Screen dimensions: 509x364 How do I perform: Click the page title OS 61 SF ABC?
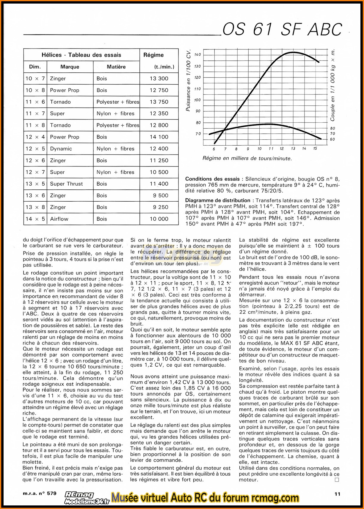point(282,29)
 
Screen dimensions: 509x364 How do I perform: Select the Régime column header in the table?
point(153,55)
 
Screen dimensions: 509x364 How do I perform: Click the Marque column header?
point(70,67)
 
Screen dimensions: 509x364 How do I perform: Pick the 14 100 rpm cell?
point(159,137)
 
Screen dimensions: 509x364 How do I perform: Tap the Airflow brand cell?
point(59,219)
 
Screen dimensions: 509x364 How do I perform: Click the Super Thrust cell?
point(66,184)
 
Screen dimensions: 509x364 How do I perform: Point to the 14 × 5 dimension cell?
point(35,219)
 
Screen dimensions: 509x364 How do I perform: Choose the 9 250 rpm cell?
point(161,207)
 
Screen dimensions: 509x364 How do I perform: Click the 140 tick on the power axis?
point(197,55)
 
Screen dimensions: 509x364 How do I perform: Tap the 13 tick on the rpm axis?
point(293,149)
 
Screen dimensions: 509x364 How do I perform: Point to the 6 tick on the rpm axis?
point(214,149)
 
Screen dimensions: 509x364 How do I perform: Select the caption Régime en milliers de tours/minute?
point(247,158)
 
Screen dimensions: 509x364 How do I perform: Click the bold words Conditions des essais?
point(212,179)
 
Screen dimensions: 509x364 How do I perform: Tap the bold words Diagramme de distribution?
point(218,200)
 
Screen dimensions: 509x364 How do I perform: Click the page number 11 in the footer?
point(337,494)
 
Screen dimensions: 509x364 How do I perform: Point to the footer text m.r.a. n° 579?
point(40,493)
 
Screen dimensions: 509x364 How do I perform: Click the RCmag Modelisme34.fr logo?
point(87,498)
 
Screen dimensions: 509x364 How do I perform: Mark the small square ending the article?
point(337,480)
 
